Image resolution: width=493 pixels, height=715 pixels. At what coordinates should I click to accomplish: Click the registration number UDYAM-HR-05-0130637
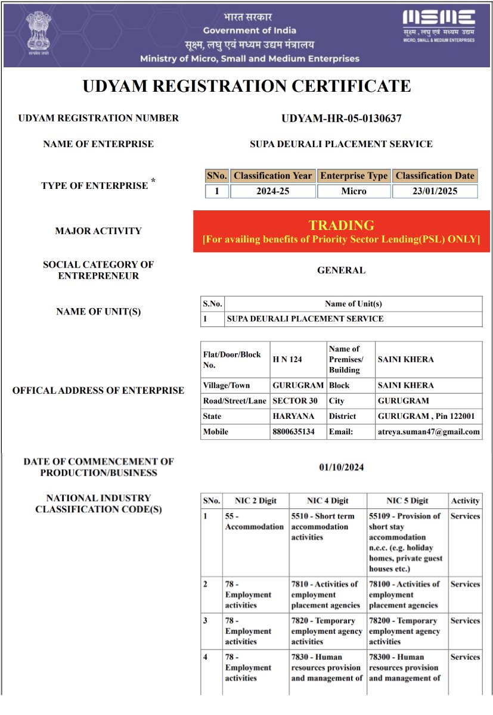pyautogui.click(x=341, y=119)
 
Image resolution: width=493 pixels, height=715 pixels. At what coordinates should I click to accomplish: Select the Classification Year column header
pyautogui.click(x=272, y=176)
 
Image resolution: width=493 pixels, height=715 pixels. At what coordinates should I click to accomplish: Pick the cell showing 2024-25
pyautogui.click(x=272, y=191)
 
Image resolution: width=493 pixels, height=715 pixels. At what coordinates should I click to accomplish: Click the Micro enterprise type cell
pyautogui.click(x=354, y=191)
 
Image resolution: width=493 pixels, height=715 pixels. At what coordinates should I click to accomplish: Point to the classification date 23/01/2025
pyautogui.click(x=435, y=191)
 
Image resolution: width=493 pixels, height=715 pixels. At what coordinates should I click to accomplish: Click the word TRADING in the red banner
pyautogui.click(x=341, y=225)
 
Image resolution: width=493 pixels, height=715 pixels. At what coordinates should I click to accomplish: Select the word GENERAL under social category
pyautogui.click(x=341, y=271)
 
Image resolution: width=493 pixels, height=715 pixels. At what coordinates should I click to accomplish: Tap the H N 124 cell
pyautogui.click(x=287, y=359)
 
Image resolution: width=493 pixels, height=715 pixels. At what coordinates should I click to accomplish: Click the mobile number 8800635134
pyautogui.click(x=293, y=432)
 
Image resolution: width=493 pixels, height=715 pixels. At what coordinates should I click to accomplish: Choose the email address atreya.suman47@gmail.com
pyautogui.click(x=429, y=432)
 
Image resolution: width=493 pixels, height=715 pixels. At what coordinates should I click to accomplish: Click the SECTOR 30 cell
pyautogui.click(x=295, y=401)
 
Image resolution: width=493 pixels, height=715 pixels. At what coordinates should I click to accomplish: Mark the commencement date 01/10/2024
pyautogui.click(x=341, y=467)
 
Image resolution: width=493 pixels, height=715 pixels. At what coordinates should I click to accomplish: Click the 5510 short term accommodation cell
pyautogui.click(x=327, y=527)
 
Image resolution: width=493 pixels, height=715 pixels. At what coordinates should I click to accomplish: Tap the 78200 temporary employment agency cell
pyautogui.click(x=407, y=631)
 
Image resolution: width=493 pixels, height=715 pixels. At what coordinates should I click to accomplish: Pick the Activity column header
pyautogui.click(x=465, y=500)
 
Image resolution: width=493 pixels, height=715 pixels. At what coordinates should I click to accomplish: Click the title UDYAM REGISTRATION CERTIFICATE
pyautogui.click(x=246, y=86)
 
